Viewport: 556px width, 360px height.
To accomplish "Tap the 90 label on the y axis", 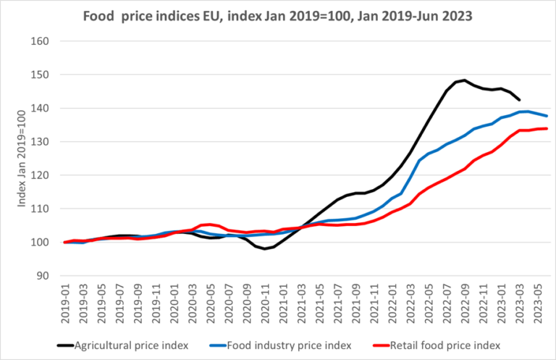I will (43, 276).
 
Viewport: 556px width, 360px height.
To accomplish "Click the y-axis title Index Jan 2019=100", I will (22, 158).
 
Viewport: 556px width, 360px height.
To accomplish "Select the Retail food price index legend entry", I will (442, 344).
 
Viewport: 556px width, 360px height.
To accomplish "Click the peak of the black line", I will (465, 80).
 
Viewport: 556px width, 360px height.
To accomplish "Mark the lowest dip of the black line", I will (266, 249).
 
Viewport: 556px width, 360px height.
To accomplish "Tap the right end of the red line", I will (546, 128).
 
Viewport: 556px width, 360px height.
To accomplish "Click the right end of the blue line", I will (546, 116).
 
